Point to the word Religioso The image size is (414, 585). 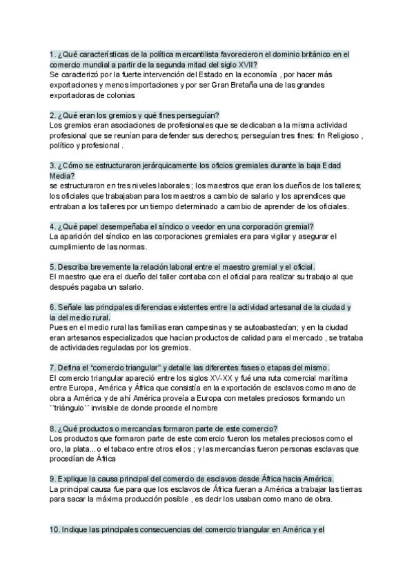339,136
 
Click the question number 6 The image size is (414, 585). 52,306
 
